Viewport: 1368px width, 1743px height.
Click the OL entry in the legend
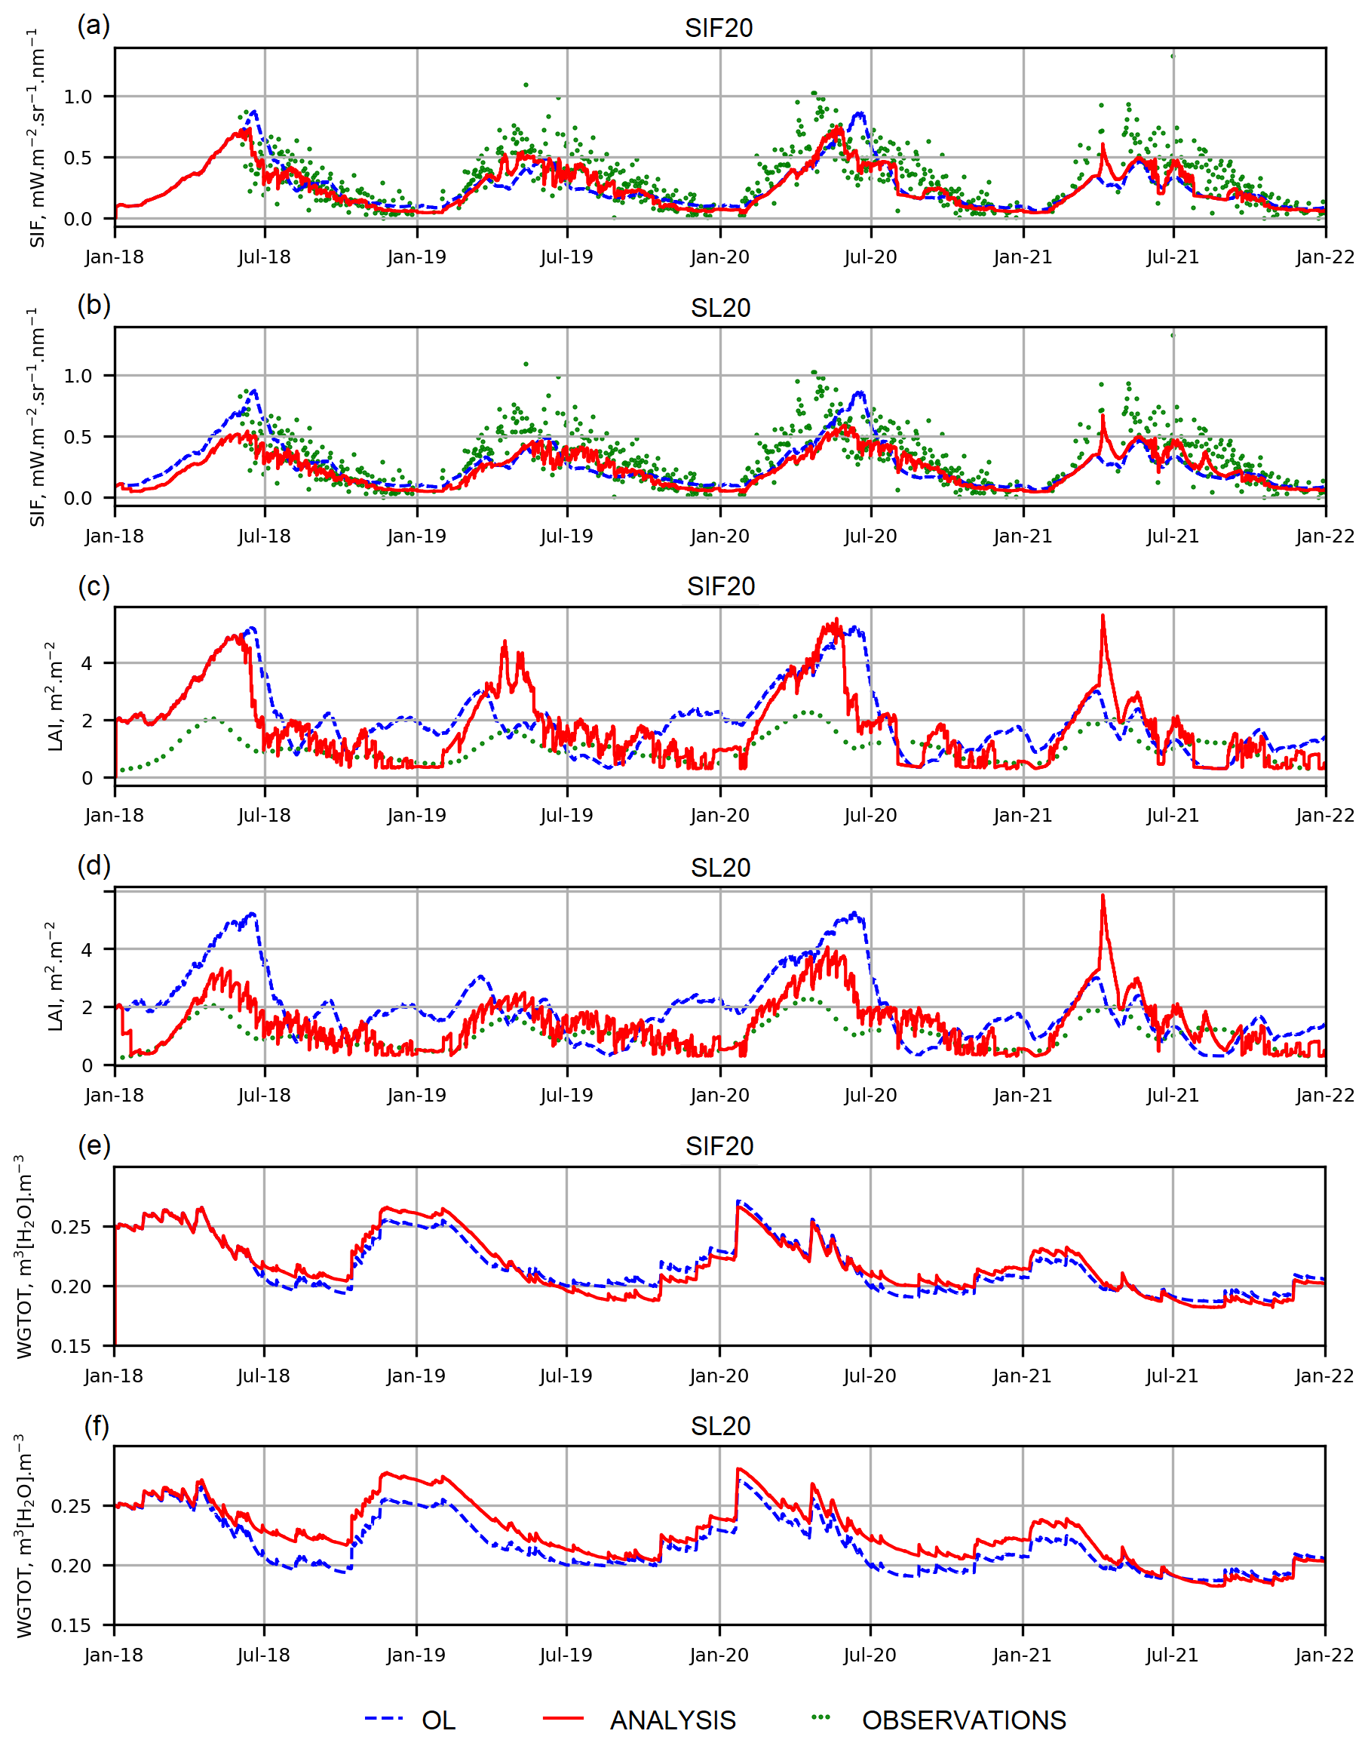[438, 1720]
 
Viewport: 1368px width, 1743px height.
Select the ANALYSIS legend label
[673, 1720]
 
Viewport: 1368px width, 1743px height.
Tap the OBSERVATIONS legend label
[964, 1720]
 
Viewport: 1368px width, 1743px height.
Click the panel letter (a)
[94, 25]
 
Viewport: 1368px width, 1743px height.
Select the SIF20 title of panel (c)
[720, 586]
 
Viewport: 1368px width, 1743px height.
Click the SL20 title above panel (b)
[720, 308]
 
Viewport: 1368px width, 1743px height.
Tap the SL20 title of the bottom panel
[720, 1425]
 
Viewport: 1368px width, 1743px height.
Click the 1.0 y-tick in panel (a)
[78, 96]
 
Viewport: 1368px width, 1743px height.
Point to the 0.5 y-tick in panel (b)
[78, 437]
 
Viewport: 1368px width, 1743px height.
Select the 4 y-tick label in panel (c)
[87, 663]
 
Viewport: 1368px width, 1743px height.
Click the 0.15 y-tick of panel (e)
[72, 1346]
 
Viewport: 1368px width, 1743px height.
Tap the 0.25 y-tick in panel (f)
[72, 1506]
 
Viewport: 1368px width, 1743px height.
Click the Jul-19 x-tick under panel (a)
[567, 257]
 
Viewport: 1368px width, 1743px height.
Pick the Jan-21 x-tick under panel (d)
[1023, 1095]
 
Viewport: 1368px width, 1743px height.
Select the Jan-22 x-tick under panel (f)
[1325, 1655]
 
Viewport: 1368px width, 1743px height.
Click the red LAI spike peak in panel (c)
[1103, 616]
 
